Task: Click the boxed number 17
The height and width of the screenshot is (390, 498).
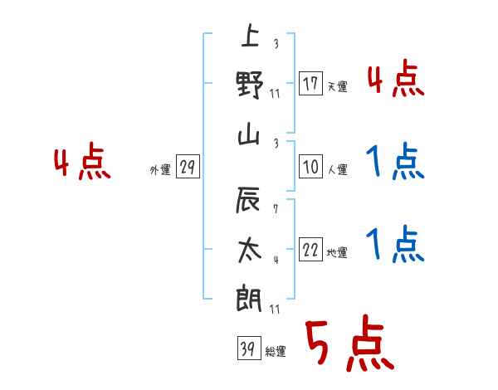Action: [x=310, y=84]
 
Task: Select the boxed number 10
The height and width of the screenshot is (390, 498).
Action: [x=310, y=168]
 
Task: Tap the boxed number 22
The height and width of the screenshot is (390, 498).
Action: [x=310, y=251]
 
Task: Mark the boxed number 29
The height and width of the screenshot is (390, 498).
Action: [x=187, y=168]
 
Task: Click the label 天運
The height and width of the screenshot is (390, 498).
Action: [x=337, y=86]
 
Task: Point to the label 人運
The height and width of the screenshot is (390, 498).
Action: [x=337, y=169]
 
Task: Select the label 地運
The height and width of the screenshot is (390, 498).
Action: [x=337, y=252]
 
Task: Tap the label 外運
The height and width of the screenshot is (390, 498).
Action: [x=160, y=170]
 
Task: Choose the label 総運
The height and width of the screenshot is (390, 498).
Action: [x=275, y=351]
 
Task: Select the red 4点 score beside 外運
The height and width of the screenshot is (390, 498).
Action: [x=82, y=163]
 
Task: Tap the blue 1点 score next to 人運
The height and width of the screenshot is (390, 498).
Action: [x=395, y=163]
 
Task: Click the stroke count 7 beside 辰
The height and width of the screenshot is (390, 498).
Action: [x=275, y=211]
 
